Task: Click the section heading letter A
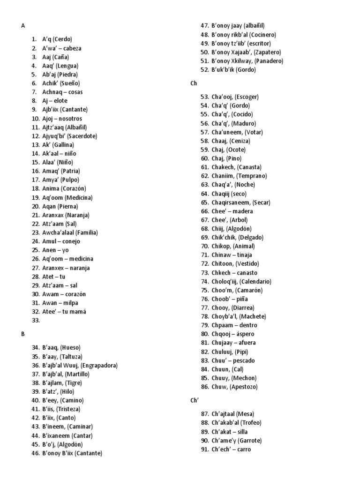23,26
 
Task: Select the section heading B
22,334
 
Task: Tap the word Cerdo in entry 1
63,39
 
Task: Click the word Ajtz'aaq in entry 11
53,127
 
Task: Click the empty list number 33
36,321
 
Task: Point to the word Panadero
269,61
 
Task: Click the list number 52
204,70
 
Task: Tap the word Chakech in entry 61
223,167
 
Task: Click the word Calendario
255,282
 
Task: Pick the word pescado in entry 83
243,360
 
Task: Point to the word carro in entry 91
244,450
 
